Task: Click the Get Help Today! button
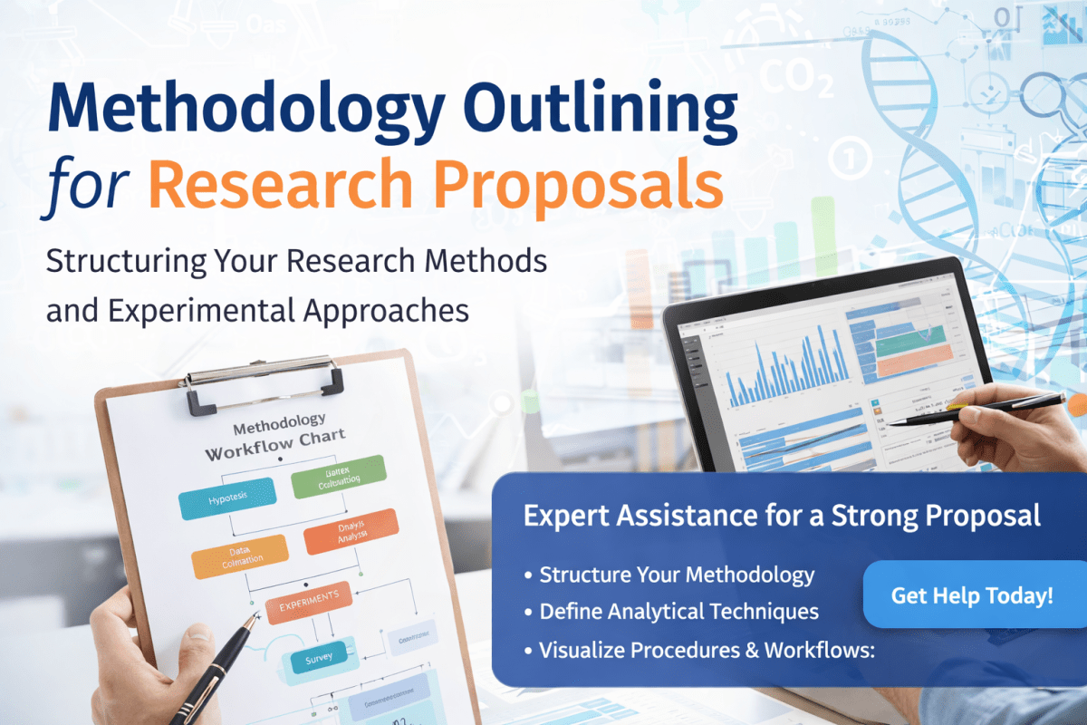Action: coord(972,595)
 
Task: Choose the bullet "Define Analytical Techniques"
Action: coord(678,612)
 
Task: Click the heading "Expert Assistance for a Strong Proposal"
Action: coord(782,516)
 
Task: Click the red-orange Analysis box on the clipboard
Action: coord(351,531)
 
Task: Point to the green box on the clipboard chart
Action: coord(338,478)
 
